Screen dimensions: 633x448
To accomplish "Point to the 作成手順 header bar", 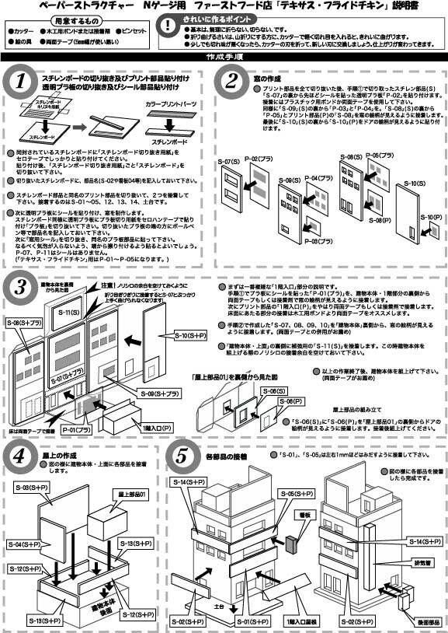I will tap(224, 58).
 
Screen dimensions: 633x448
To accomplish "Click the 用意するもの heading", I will tap(57, 18).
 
